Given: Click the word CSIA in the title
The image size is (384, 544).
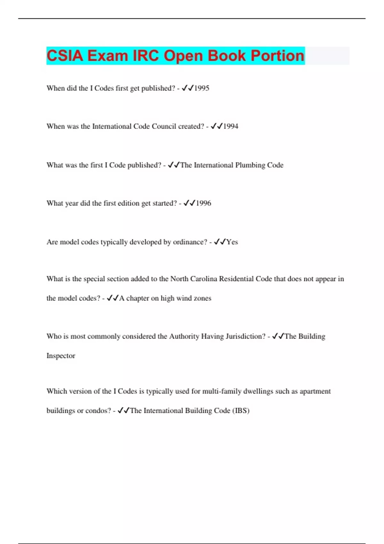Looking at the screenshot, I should point(65,56).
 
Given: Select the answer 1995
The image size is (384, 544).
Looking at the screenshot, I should point(202,88).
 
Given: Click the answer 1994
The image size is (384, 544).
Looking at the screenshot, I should point(230,126).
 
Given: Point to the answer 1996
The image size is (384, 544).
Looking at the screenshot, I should point(203,203).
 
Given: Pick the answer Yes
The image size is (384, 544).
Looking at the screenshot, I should point(232,242).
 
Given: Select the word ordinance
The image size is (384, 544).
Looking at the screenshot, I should point(190,242).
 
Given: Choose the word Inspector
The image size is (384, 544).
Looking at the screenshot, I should point(61,356).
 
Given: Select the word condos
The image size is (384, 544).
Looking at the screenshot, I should point(98,411).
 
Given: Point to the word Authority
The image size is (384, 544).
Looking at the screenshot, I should point(184,336).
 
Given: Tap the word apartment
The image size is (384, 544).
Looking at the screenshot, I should point(315,391).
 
